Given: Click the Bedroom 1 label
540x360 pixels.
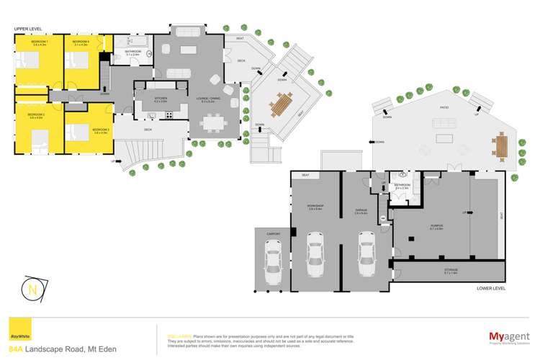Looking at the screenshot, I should (x=39, y=42).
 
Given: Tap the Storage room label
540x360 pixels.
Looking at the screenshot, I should (x=451, y=270).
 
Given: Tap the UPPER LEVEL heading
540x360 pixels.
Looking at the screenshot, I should (x=26, y=29).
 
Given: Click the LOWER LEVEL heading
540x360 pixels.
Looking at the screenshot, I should (x=491, y=289).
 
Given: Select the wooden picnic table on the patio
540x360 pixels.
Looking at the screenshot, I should (x=502, y=146).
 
